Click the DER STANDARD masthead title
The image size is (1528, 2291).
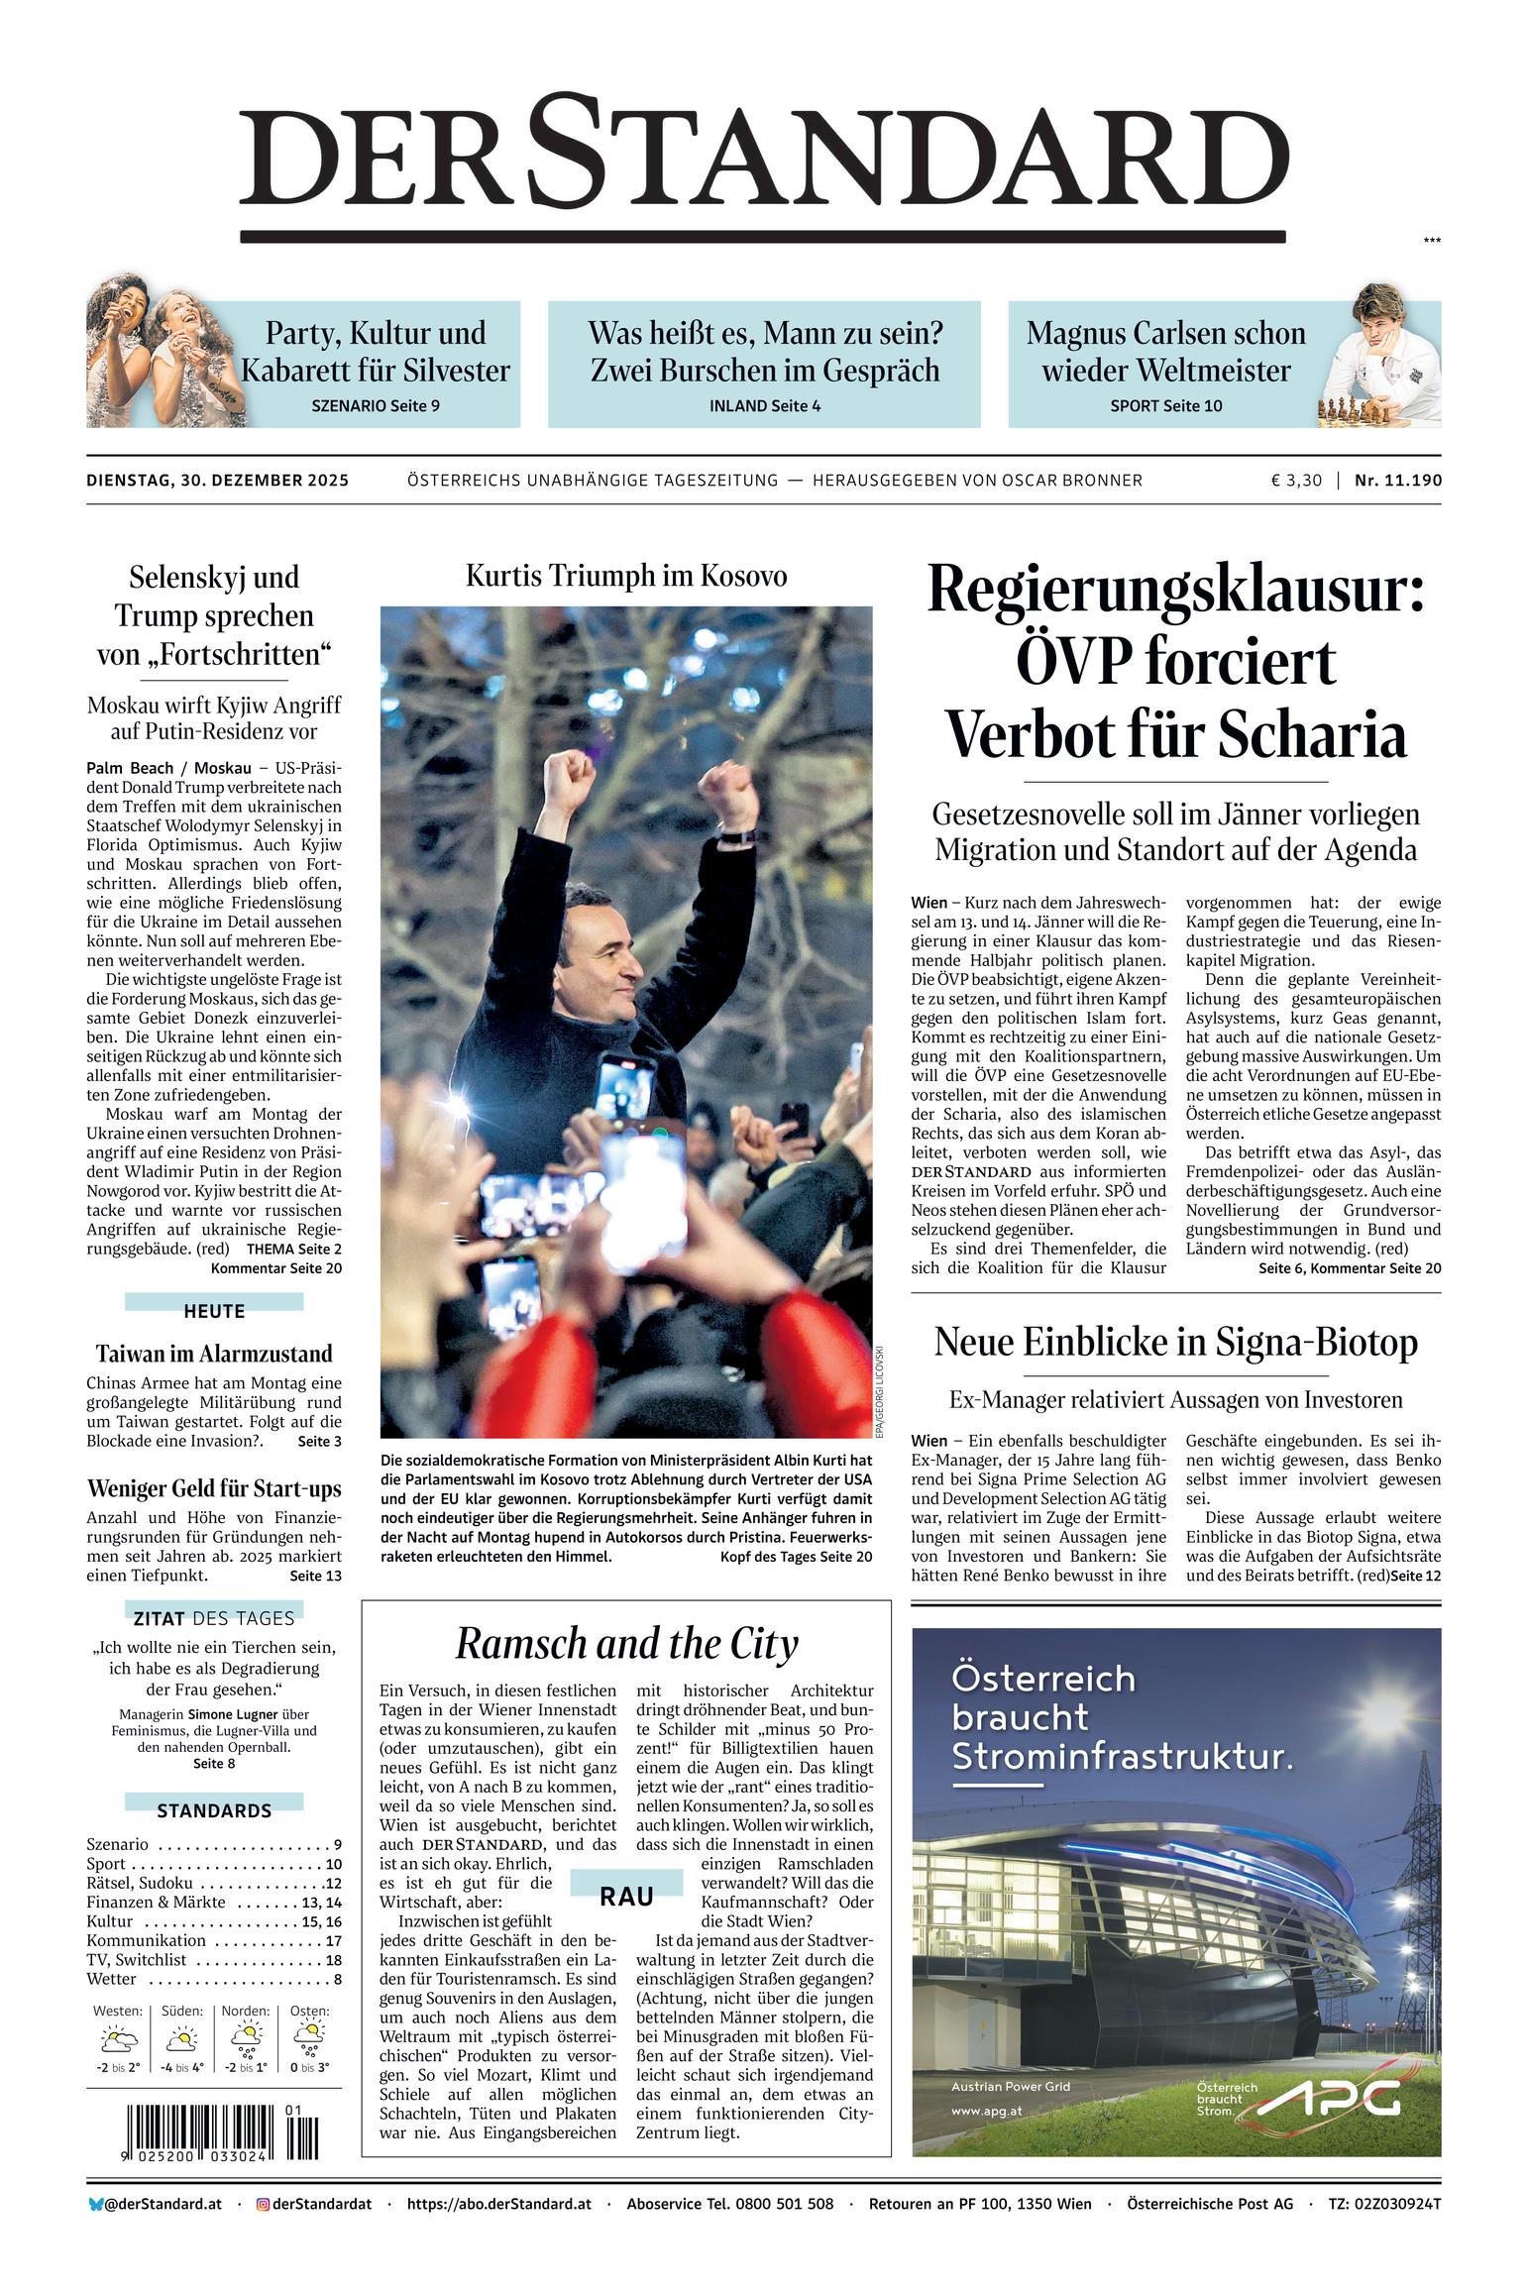coord(763,159)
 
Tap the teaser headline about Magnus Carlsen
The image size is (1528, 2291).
coord(1165,352)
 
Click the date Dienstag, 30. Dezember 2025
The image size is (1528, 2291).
coord(217,481)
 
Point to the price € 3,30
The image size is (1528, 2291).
coord(1296,481)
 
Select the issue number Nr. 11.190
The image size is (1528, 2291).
coord(1398,481)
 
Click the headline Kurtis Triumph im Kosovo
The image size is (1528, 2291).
coord(626,576)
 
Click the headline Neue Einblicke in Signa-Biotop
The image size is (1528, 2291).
coord(1175,1342)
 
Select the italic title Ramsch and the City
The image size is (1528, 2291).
coord(626,1644)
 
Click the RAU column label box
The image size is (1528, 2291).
coord(626,1896)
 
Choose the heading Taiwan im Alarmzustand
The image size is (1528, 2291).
coord(214,1354)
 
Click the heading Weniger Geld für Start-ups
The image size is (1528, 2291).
coord(214,1488)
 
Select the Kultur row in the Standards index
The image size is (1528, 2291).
coord(214,1921)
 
